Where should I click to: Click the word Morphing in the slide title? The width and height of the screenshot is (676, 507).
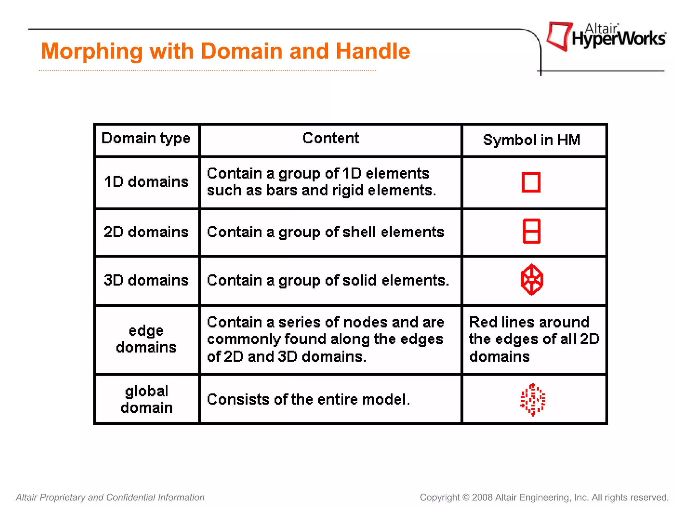click(x=92, y=51)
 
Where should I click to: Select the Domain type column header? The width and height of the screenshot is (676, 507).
click(x=146, y=138)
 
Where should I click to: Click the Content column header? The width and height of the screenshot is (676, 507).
click(x=331, y=138)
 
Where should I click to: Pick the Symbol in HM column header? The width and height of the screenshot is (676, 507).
click(x=531, y=140)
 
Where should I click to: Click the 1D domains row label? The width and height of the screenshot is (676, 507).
click(x=146, y=182)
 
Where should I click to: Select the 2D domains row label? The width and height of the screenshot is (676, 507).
click(x=146, y=232)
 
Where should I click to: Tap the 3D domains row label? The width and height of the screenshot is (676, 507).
click(x=146, y=280)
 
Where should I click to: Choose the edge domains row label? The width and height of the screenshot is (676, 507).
click(x=146, y=339)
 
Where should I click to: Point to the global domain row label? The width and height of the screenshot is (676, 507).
click(x=147, y=399)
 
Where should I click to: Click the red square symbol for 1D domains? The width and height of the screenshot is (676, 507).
click(x=531, y=182)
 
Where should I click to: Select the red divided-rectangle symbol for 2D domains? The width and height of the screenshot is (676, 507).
click(x=531, y=231)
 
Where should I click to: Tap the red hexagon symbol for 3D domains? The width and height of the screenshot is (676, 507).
click(x=532, y=280)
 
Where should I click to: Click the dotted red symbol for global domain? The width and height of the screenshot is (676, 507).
click(x=532, y=399)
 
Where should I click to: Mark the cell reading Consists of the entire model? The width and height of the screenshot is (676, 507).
click(x=308, y=399)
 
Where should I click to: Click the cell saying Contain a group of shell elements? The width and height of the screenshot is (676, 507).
click(x=325, y=232)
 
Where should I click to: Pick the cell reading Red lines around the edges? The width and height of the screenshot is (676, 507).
click(x=533, y=339)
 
